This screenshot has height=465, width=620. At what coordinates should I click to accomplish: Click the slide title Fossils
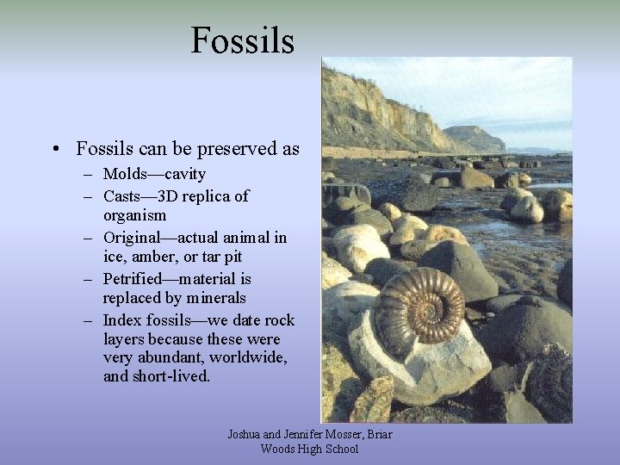pos(242,40)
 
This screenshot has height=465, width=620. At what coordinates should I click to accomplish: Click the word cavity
pos(186,174)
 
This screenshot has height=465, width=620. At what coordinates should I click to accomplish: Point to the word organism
pos(134,215)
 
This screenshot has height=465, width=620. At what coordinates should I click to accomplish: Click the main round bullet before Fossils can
pos(56,149)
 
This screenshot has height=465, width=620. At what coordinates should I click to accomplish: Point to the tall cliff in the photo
pos(370,112)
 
